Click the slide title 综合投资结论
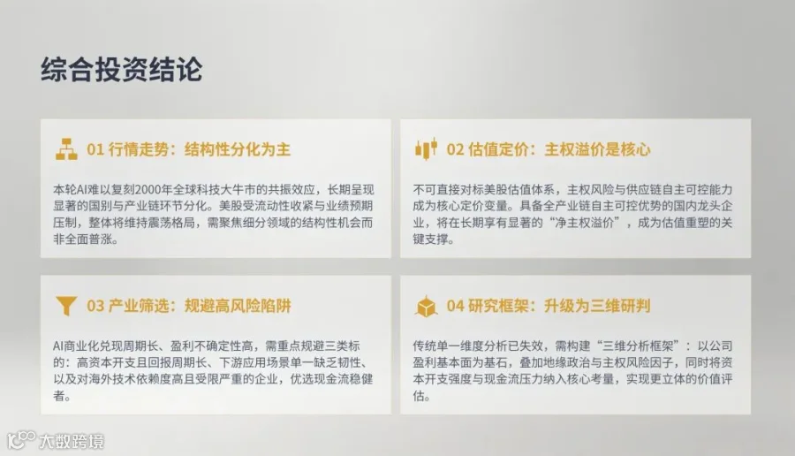(x=122, y=70)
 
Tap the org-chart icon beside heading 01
(x=66, y=149)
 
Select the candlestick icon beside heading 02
(x=426, y=148)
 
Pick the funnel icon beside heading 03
(x=66, y=306)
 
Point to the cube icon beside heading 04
(x=426, y=306)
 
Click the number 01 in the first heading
(x=95, y=149)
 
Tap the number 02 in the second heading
(x=455, y=149)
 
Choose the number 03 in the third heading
(x=95, y=306)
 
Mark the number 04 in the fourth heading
(x=455, y=306)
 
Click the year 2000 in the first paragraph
(x=148, y=190)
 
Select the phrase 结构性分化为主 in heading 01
(x=238, y=149)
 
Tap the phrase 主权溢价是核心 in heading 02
(x=597, y=149)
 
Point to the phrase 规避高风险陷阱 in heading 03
(x=238, y=306)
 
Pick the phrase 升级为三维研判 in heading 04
(x=597, y=306)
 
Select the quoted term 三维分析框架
(x=637, y=346)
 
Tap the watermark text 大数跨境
(x=72, y=441)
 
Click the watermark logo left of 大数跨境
(x=21, y=439)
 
